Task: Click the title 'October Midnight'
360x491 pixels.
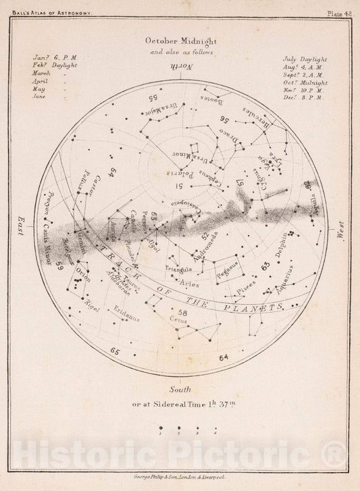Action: [180, 40]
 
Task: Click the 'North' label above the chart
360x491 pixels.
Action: [180, 66]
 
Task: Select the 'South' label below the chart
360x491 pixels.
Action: [180, 390]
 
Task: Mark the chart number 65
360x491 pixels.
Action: [115, 351]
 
